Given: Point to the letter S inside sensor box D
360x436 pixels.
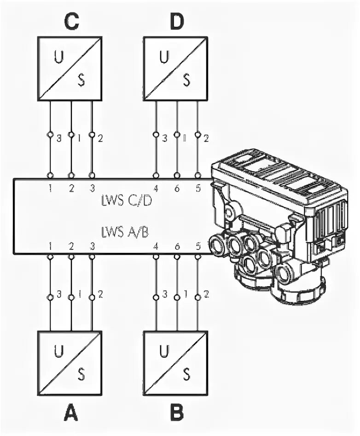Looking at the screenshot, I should [186, 80].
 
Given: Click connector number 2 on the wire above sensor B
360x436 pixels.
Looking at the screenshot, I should [206, 295].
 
